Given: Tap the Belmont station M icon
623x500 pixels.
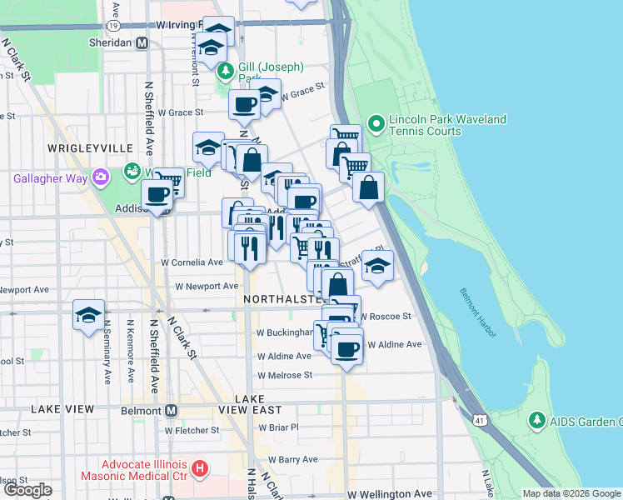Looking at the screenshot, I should pyautogui.click(x=171, y=410).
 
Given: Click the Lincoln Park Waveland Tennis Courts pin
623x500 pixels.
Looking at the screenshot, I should pyautogui.click(x=376, y=126).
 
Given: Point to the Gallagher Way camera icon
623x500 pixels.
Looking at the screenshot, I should pyautogui.click(x=101, y=177).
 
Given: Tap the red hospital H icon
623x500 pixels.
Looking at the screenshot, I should pyautogui.click(x=198, y=469).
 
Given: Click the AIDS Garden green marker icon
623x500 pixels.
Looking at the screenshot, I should pyautogui.click(x=537, y=422).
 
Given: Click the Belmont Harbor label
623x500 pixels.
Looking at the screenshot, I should pyautogui.click(x=478, y=312).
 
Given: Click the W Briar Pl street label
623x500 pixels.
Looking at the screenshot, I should pyautogui.click(x=278, y=427).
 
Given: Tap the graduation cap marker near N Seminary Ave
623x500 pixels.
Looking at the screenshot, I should pyautogui.click(x=88, y=316).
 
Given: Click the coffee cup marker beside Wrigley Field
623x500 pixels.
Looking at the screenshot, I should pyautogui.click(x=157, y=196).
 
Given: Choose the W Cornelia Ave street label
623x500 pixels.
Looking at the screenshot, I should pyautogui.click(x=192, y=262).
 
